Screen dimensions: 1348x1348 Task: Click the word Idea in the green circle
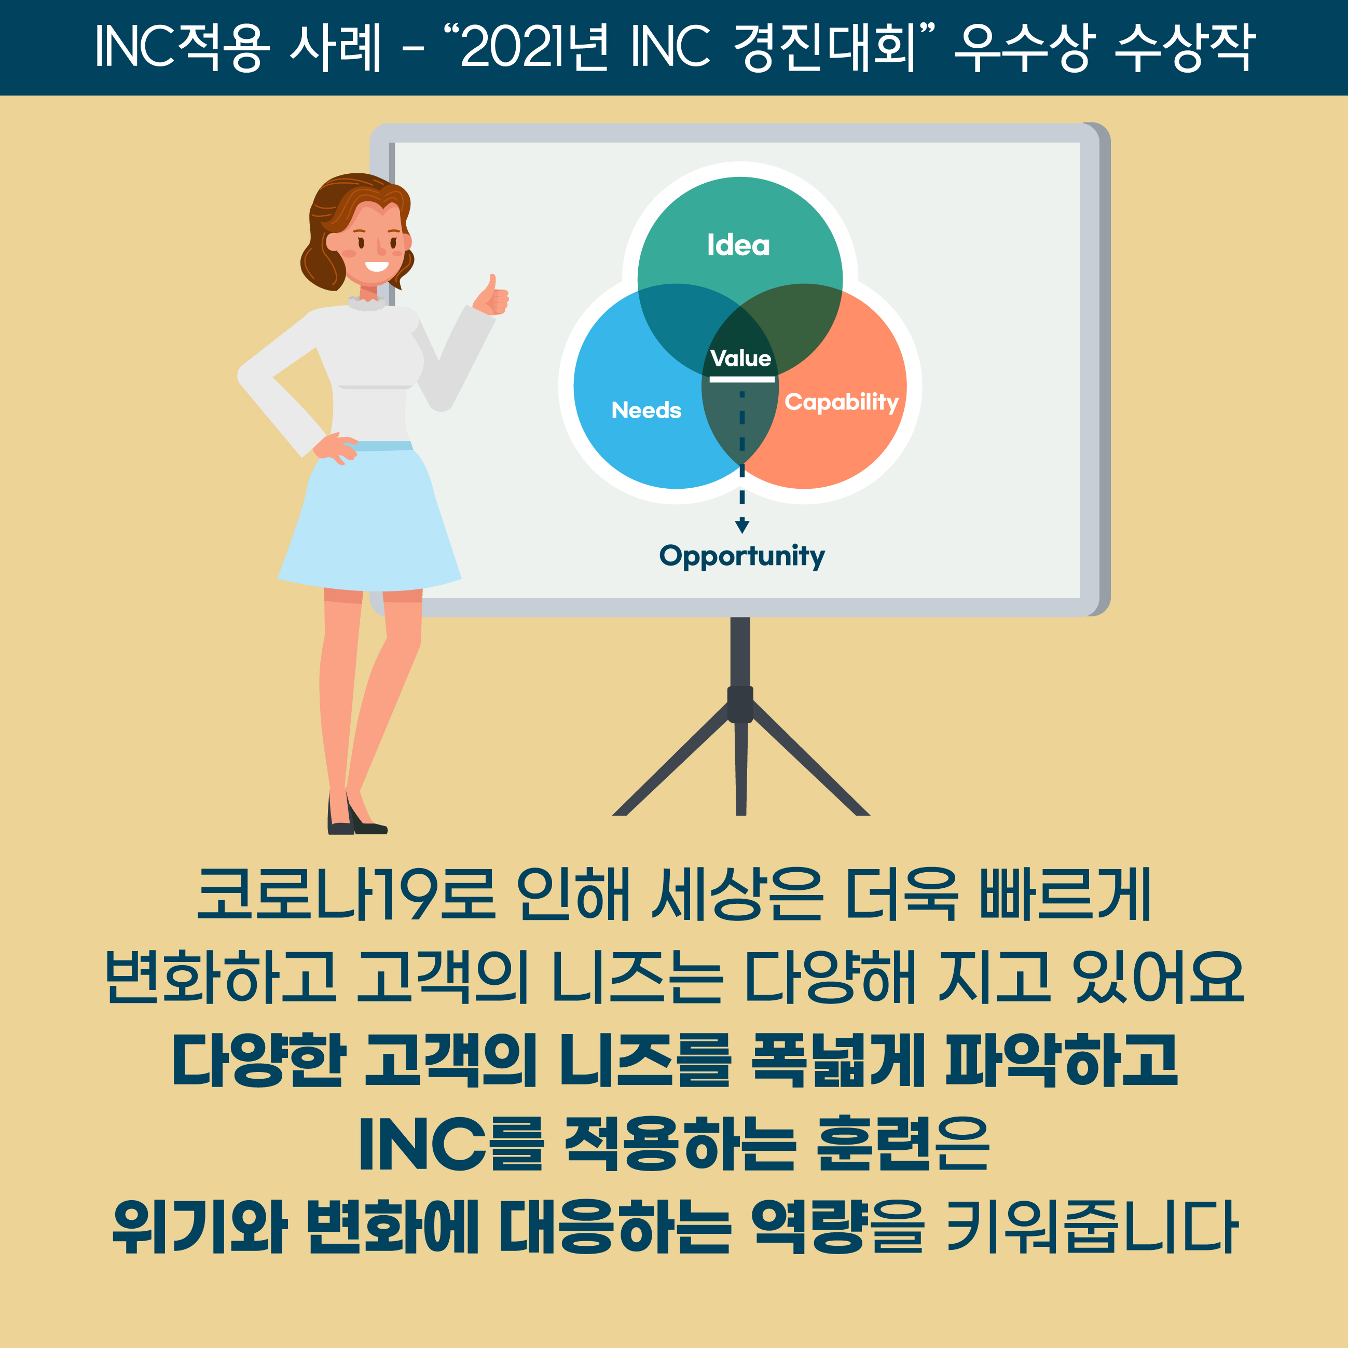(x=738, y=245)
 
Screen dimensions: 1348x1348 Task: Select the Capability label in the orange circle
(x=842, y=403)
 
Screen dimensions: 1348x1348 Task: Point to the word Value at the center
(x=740, y=359)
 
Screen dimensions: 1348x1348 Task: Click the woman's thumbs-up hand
(x=491, y=296)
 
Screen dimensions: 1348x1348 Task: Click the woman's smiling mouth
(x=377, y=266)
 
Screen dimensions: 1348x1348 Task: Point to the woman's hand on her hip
(x=336, y=447)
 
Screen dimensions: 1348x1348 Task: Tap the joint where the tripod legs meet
(x=740, y=705)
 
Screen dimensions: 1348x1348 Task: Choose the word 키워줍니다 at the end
(x=1091, y=1227)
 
